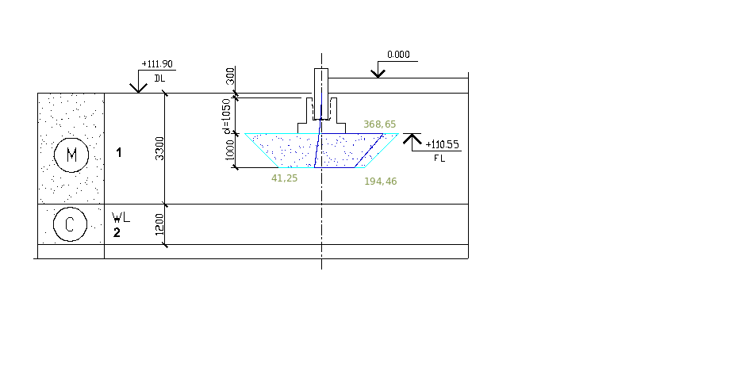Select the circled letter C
point(70,224)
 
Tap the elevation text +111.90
point(156,64)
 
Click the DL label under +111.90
point(159,78)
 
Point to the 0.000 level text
point(398,55)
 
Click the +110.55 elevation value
point(443,145)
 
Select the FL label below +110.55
point(440,159)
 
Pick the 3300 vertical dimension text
point(159,148)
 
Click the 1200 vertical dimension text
point(159,225)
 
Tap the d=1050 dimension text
point(227,114)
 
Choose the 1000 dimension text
point(230,151)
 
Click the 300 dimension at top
point(230,77)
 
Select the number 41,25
point(284,178)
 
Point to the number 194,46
point(380,182)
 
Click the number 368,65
point(378,124)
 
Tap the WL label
point(120,216)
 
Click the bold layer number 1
point(119,152)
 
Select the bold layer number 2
point(117,232)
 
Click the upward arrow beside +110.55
point(411,139)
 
